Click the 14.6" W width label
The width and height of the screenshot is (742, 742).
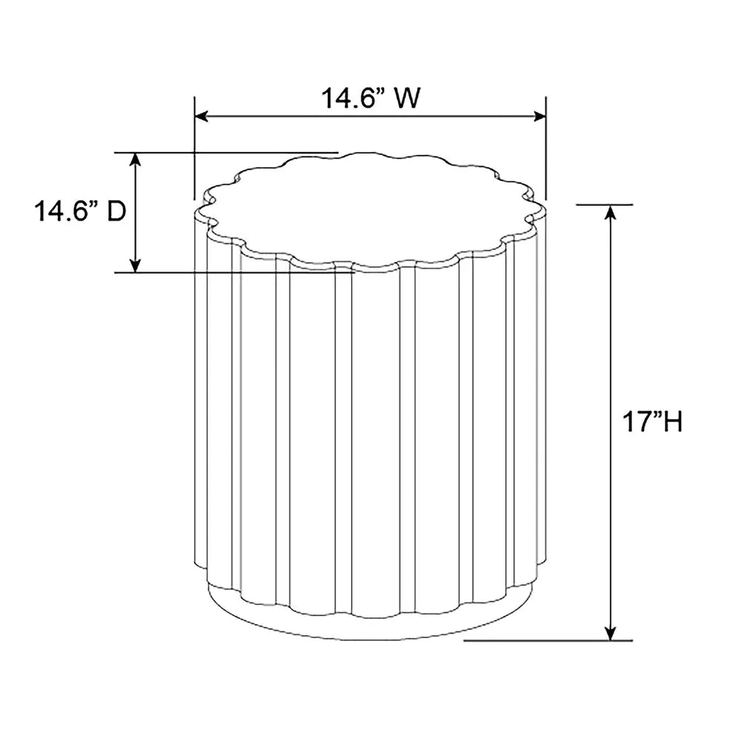click(x=370, y=98)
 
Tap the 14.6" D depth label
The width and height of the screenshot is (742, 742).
click(x=80, y=211)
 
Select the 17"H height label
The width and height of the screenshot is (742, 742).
click(x=652, y=421)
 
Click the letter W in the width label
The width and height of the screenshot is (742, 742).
click(x=407, y=98)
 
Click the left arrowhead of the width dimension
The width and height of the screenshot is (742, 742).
click(x=201, y=116)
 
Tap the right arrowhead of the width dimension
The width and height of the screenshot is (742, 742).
click(x=539, y=116)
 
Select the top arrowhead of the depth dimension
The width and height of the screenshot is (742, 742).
click(x=136, y=160)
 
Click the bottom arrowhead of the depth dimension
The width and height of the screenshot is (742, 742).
click(x=136, y=266)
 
